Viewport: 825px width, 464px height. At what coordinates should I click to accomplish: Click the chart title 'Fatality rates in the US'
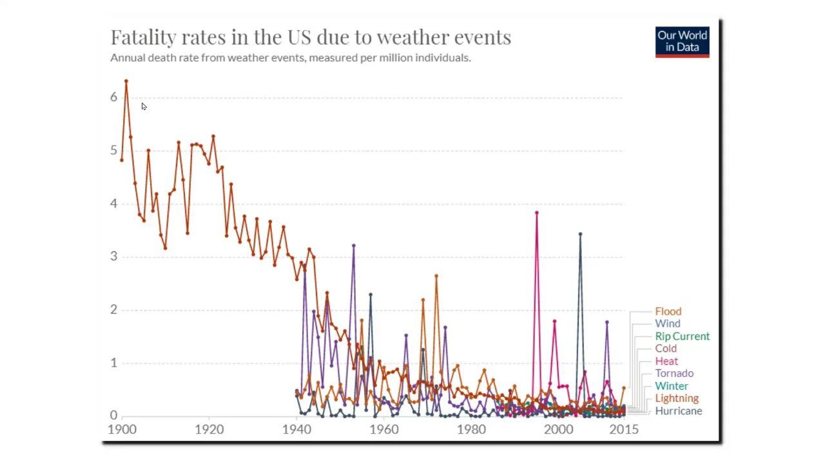coord(310,37)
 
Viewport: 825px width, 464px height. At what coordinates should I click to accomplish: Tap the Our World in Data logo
coord(682,41)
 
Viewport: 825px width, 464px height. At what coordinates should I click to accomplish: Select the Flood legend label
coord(668,311)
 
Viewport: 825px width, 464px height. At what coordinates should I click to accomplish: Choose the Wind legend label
coord(667,324)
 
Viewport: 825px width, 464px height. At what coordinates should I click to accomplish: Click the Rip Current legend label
coord(682,336)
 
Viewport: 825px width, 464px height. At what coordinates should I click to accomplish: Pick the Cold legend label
coord(666,349)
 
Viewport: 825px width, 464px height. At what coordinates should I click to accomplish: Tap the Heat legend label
coord(666,362)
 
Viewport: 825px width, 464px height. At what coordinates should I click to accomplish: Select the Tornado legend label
coord(674,373)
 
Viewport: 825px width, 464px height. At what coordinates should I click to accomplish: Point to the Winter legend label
coord(672,386)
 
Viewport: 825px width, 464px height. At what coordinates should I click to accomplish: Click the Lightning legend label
coord(677,398)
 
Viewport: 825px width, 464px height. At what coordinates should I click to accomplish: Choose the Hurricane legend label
coord(678,411)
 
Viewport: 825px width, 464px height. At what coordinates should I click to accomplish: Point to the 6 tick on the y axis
coord(113,97)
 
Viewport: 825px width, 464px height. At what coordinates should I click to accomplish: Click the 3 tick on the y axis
coord(113,256)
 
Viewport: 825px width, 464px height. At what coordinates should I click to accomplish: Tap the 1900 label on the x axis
coord(122,429)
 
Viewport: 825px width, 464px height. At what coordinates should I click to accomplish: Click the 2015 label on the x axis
coord(623,429)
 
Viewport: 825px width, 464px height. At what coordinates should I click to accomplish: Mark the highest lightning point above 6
coord(126,81)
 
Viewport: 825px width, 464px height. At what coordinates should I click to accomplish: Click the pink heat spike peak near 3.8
coord(536,213)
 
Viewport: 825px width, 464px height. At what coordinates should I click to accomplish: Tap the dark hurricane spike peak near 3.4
coord(580,234)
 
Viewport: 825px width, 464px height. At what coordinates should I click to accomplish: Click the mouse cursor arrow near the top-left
coord(143,106)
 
